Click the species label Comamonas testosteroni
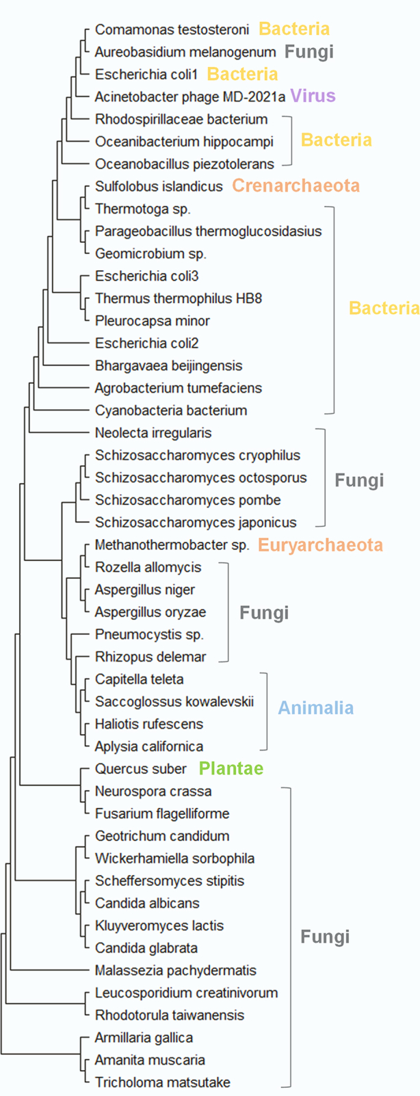[172, 29]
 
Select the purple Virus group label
[313, 95]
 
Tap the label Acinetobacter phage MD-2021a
[190, 96]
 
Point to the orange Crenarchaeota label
[296, 185]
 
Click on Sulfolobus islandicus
[159, 186]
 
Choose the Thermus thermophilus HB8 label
[179, 298]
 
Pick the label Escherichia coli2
[147, 343]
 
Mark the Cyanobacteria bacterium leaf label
[171, 410]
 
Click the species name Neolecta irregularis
[153, 432]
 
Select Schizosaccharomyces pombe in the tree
[188, 500]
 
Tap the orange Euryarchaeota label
[320, 545]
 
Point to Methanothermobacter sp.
[172, 545]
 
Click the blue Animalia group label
[315, 707]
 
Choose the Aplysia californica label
[149, 746]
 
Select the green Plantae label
[231, 768]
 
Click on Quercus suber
[141, 769]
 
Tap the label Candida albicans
[147, 903]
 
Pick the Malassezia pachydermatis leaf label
[176, 970]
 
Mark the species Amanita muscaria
[150, 1060]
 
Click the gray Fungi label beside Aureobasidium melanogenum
[309, 51]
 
